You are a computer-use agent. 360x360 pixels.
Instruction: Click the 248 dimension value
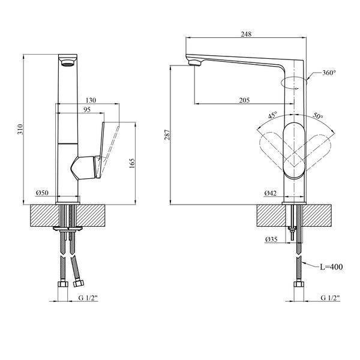[246, 34]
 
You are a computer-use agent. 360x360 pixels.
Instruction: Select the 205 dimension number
[244, 100]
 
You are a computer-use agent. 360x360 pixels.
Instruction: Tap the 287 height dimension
[167, 135]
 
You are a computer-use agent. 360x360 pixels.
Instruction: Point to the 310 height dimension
[20, 129]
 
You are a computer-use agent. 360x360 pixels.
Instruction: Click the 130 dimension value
[91, 100]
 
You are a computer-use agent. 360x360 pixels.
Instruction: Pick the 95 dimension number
[86, 110]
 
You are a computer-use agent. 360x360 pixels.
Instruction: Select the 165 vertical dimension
[132, 163]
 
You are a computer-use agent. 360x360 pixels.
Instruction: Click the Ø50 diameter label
[42, 193]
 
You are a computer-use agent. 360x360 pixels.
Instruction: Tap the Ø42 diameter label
[270, 193]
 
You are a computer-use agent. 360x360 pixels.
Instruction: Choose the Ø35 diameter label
[271, 239]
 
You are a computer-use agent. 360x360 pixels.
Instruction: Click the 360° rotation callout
[329, 73]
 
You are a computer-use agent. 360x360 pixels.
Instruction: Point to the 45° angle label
[273, 115]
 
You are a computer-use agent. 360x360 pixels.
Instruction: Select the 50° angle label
[318, 116]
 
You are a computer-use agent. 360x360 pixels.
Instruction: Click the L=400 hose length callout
[331, 267]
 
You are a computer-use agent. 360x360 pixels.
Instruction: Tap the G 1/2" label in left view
[88, 298]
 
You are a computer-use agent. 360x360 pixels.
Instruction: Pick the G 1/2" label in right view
[330, 298]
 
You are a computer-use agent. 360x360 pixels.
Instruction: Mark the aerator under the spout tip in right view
[195, 62]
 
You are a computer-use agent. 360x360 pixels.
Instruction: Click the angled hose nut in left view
[78, 283]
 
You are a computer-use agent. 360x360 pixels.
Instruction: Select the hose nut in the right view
[299, 284]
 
